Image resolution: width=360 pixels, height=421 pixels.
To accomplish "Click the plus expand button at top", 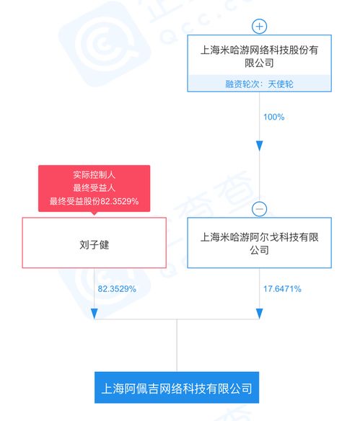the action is [259, 26].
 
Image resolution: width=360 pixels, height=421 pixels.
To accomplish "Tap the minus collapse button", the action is [259, 209].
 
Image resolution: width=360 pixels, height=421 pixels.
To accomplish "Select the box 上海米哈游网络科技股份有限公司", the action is [259, 63].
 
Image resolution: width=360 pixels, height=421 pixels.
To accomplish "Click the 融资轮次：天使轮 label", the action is [259, 84].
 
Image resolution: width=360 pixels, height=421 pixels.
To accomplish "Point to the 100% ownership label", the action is [273, 117].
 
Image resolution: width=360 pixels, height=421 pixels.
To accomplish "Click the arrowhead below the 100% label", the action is [259, 146].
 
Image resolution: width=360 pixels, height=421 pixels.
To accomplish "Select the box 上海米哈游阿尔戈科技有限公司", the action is [259, 243].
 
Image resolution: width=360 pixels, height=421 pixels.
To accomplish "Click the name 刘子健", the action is [94, 244].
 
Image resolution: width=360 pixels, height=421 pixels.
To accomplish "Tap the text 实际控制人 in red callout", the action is [94, 174].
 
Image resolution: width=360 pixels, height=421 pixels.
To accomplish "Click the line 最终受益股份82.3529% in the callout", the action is [94, 201].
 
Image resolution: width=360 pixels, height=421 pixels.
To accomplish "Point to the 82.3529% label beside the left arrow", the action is [117, 289].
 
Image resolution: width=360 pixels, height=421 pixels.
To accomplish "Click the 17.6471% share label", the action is [282, 289].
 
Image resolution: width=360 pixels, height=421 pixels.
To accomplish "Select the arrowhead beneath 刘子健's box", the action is [94, 314].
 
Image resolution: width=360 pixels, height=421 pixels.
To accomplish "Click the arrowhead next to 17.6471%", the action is [259, 314].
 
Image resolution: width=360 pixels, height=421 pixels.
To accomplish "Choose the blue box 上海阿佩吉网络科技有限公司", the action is [177, 387].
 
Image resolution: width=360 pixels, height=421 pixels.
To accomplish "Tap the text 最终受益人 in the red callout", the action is [94, 187].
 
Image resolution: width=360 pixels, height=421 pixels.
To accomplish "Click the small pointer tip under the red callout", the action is [94, 215].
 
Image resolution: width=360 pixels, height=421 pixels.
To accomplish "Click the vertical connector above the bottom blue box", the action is [177, 345].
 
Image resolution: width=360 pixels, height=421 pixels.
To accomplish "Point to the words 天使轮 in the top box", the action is [281, 84].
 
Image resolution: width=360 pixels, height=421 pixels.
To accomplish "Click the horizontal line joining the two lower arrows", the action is [177, 319].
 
